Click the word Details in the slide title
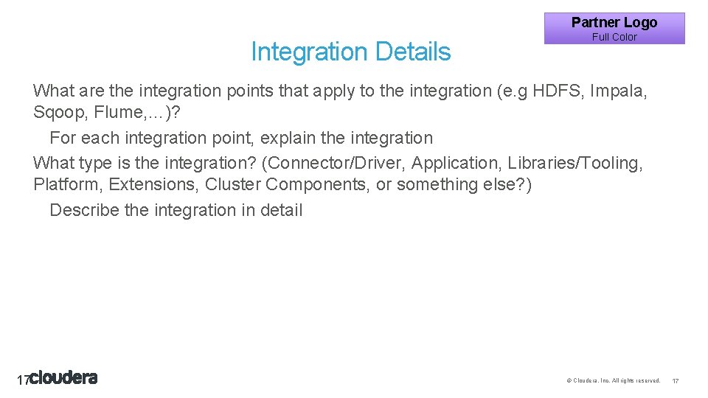click(x=412, y=52)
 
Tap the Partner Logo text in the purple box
click(x=614, y=23)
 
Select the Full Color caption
click(x=614, y=37)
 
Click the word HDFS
click(x=558, y=91)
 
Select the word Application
click(x=457, y=163)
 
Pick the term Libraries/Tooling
click(x=575, y=163)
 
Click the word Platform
click(x=66, y=184)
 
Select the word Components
click(x=318, y=184)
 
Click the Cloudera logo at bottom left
click(x=63, y=378)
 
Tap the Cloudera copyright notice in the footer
click(x=613, y=380)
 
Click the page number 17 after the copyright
click(x=676, y=380)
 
